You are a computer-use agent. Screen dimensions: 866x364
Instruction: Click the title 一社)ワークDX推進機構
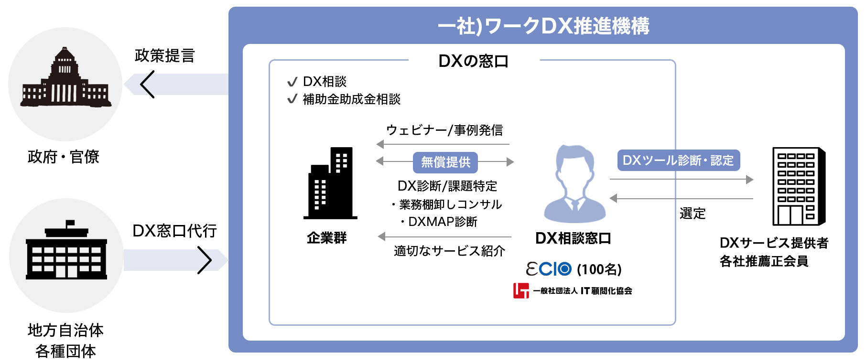coord(543,26)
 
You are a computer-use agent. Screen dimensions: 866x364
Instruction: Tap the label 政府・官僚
coord(64,157)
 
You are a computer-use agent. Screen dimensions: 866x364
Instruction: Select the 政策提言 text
coord(165,55)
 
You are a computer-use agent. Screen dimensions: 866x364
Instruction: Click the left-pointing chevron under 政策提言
coord(148,84)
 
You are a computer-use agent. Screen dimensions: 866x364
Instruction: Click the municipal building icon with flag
coord(66,249)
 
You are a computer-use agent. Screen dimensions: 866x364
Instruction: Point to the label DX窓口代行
coord(174,231)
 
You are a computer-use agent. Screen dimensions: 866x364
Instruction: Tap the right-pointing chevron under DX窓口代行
coord(205,260)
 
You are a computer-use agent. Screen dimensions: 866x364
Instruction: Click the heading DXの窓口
coord(474,61)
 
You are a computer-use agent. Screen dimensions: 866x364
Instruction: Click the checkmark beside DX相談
coord(292,82)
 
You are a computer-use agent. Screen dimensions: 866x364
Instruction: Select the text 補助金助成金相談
coord(352,99)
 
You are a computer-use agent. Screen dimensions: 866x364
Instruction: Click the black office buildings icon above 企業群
coord(330,183)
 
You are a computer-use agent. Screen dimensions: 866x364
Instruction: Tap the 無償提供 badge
coord(445,162)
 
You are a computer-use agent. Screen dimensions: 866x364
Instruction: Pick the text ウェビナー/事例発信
coord(444,130)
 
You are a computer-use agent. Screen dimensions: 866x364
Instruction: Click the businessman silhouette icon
coord(575,184)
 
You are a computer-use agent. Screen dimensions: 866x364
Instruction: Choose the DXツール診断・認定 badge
coord(678,161)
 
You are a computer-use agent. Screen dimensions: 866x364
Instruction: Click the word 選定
coord(693,214)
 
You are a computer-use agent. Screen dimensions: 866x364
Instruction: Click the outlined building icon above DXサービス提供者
coord(799,186)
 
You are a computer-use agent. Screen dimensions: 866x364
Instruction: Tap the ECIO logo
coord(549,269)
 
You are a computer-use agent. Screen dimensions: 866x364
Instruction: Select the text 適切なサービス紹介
coord(449,251)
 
